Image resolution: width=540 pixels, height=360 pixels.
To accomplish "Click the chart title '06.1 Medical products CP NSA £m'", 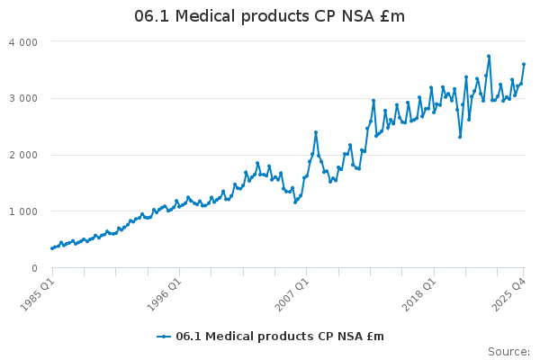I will tap(270, 16).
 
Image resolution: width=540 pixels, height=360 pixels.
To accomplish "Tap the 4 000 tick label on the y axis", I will tap(22, 41).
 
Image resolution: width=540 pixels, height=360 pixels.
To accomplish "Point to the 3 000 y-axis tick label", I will tap(22, 98).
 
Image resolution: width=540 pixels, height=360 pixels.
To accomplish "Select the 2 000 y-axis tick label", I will tap(22, 155).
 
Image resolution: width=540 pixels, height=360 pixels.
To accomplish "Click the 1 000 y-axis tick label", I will tap(22, 211).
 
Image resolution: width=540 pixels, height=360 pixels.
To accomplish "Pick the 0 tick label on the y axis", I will tap(34, 268).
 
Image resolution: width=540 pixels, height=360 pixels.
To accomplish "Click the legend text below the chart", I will tap(280, 337).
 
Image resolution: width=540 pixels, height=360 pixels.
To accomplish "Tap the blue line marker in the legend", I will tap(164, 337).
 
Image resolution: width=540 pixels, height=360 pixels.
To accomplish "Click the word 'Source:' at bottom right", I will tap(508, 351).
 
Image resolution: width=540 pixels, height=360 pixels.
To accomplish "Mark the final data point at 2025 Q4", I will tap(524, 64).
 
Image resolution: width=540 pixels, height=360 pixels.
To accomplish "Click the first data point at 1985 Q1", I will tap(51, 248).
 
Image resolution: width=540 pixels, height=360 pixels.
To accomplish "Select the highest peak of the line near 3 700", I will tap(489, 56).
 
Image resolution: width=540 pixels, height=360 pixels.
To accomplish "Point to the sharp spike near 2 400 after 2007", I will tap(316, 132).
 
